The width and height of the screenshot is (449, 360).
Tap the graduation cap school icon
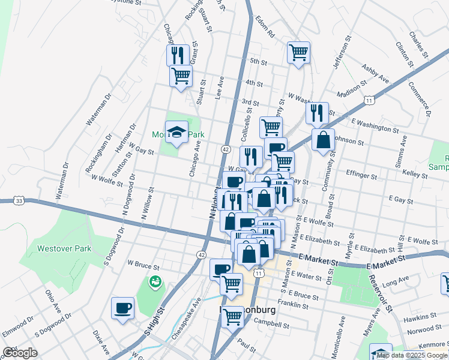point(176,133)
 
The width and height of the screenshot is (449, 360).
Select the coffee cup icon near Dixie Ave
point(122,308)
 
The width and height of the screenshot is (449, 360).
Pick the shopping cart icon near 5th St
point(298,52)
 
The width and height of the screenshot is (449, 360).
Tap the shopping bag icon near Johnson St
point(323,140)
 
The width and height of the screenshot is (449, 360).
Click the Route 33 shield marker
point(20,200)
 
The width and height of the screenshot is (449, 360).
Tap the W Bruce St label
point(143,263)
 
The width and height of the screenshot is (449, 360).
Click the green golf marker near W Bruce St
point(155,280)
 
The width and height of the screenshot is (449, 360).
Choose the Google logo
point(20,353)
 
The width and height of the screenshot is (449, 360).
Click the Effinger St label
point(362,177)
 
